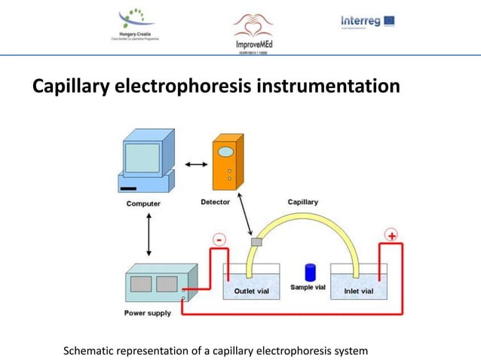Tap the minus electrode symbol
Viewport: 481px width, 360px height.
click(x=219, y=239)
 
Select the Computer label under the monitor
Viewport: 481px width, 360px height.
click(x=142, y=203)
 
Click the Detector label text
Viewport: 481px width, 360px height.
click(x=216, y=202)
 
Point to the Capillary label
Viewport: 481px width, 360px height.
click(x=303, y=202)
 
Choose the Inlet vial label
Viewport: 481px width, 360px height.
click(x=357, y=291)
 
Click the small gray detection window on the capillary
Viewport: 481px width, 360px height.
click(x=256, y=243)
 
